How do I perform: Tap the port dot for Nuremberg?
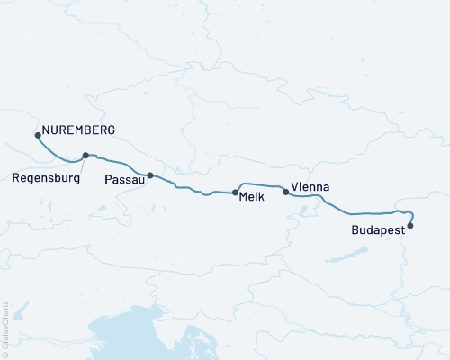38,135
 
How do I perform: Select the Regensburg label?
47,178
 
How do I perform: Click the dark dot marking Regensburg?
85,155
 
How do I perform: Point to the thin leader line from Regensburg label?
79,164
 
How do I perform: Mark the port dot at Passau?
150,175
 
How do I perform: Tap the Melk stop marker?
236,193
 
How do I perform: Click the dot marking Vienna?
286,191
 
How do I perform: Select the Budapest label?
376,230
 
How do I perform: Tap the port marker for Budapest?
410,226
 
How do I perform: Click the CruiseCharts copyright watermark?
6,328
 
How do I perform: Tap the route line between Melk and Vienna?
261,184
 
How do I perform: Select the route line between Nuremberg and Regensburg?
58,153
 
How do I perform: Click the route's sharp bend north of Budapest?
409,213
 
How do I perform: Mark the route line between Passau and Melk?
193,190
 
